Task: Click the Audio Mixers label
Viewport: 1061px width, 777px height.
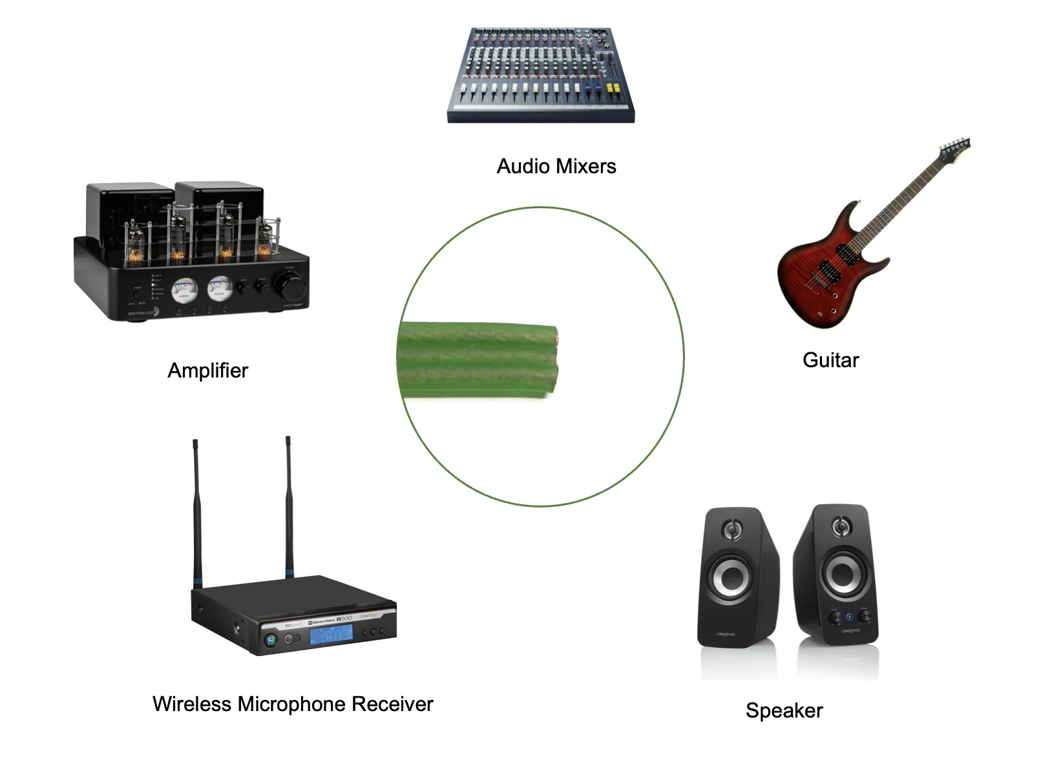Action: pyautogui.click(x=556, y=166)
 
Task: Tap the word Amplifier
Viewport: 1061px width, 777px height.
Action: pyautogui.click(x=207, y=370)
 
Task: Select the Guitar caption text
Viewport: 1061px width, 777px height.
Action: pyautogui.click(x=830, y=360)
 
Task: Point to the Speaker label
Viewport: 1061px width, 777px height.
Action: pyautogui.click(x=784, y=710)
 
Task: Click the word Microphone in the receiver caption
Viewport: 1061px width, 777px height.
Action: pyautogui.click(x=291, y=704)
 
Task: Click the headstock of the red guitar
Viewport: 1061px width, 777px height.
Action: pyautogui.click(x=954, y=151)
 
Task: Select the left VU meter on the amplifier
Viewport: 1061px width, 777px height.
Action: pyautogui.click(x=184, y=290)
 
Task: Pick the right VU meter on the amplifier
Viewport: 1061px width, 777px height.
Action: pyautogui.click(x=220, y=288)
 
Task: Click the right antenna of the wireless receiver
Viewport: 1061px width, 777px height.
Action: pyautogui.click(x=288, y=504)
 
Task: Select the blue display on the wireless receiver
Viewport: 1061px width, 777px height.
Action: pyautogui.click(x=331, y=635)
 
